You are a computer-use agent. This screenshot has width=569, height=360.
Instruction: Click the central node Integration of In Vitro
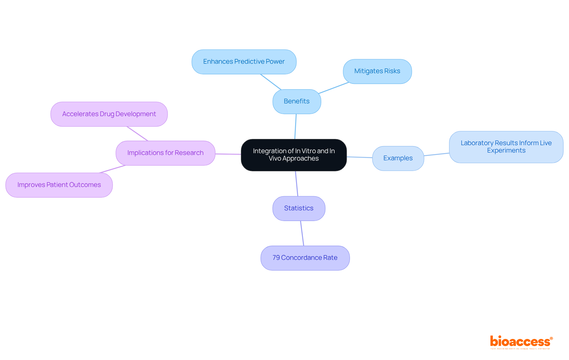(294, 155)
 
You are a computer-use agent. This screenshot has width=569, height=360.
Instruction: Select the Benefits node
(297, 101)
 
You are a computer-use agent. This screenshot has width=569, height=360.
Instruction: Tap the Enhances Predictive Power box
(244, 62)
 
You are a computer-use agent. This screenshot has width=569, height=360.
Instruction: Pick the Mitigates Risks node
(377, 71)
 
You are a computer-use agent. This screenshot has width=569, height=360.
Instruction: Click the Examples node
(398, 158)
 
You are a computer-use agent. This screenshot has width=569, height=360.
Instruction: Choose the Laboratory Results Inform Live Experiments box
(506, 147)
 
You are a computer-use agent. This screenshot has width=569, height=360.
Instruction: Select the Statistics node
(299, 208)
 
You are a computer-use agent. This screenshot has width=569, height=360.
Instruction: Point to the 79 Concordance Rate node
(305, 258)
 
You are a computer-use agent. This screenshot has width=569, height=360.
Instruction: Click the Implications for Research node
(165, 153)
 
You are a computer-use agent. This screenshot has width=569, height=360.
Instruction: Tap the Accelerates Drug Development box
(109, 114)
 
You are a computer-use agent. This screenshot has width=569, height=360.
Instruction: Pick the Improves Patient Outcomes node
(59, 185)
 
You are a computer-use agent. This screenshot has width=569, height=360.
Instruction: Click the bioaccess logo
(521, 342)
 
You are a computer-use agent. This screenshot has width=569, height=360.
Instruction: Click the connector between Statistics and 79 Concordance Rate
(302, 233)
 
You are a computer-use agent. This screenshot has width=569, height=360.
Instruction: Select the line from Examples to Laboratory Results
(437, 154)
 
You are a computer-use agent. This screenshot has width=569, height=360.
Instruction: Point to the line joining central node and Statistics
(297, 184)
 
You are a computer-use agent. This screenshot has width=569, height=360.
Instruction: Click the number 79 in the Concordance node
(276, 258)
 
